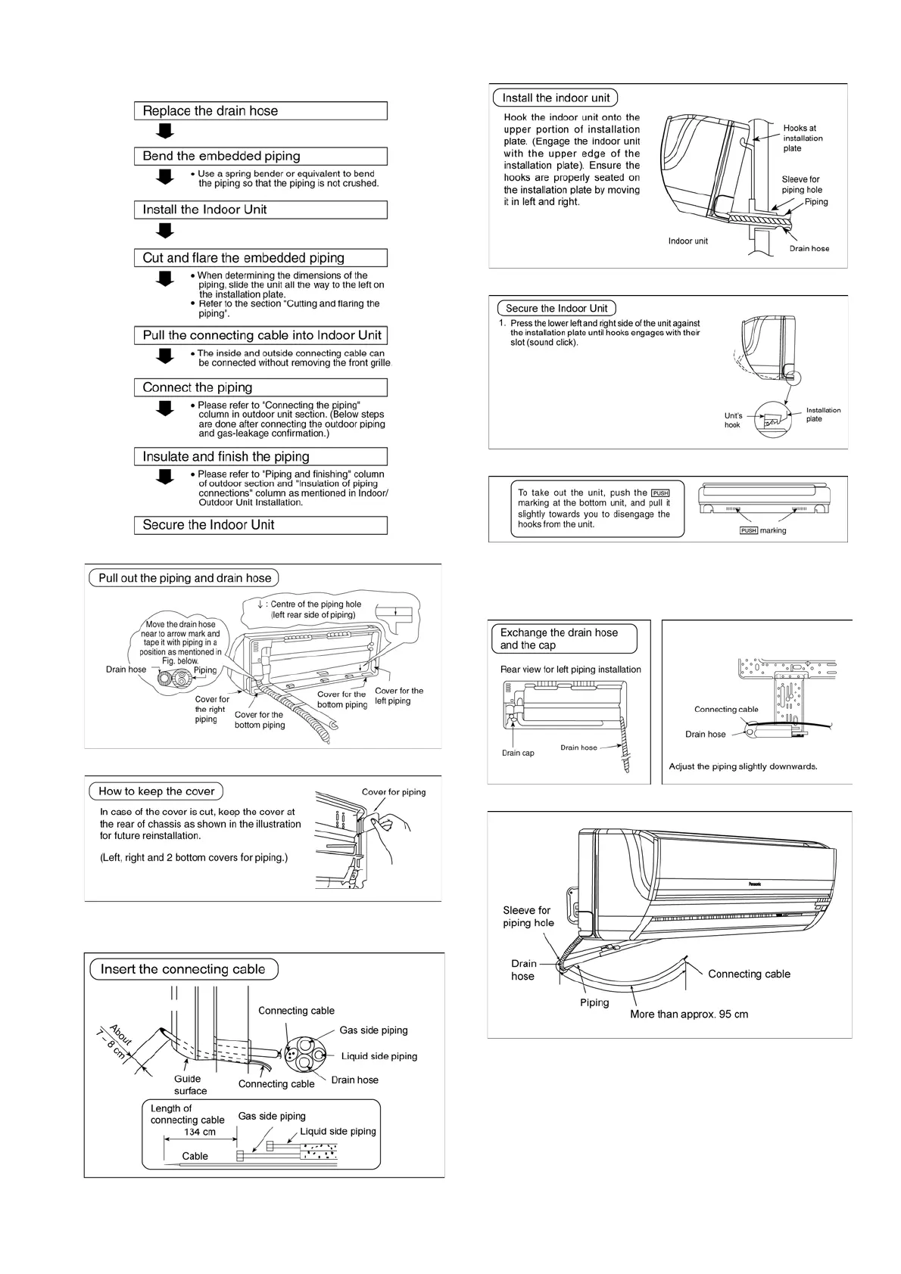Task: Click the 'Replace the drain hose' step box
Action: coord(260,111)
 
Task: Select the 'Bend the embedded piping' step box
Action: coord(260,157)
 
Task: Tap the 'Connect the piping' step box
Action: coord(260,387)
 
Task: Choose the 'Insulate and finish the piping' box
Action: coord(260,456)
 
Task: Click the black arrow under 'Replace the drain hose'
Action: coord(165,132)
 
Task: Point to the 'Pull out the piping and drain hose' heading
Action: coord(185,578)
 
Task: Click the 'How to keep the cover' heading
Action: coord(157,791)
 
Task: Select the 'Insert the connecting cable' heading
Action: coord(182,969)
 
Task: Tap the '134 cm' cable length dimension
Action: coord(200,1133)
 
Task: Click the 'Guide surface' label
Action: coord(189,1085)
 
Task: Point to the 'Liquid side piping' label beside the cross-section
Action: coord(379,1056)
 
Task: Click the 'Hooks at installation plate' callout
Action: coord(803,138)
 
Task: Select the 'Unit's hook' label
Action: coord(733,420)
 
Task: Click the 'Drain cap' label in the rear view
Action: coord(518,753)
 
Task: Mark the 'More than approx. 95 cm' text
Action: coord(689,1015)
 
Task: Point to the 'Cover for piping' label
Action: coord(394,792)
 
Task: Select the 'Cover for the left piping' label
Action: coord(399,696)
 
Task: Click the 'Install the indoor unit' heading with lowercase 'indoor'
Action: coord(556,98)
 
